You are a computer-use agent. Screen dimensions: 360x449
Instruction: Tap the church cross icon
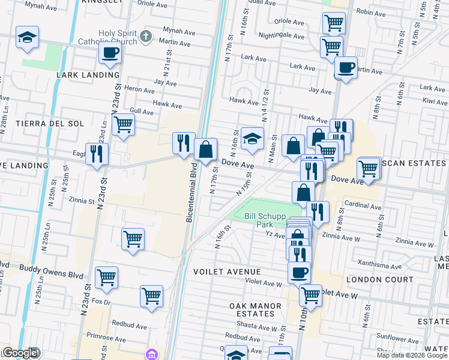pyautogui.click(x=145, y=37)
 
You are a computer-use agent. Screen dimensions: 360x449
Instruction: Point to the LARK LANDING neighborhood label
pyautogui.click(x=88, y=75)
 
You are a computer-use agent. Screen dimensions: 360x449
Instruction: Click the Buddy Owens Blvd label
pyautogui.click(x=50, y=267)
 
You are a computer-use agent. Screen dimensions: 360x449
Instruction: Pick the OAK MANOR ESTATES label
pyautogui.click(x=256, y=310)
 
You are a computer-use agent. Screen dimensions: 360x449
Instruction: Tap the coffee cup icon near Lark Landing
pyautogui.click(x=110, y=53)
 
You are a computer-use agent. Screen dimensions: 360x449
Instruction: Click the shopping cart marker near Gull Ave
pyautogui.click(x=123, y=125)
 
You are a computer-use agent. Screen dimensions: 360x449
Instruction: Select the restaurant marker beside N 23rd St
pyautogui.click(x=96, y=154)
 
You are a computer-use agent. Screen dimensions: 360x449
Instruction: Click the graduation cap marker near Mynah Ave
pyautogui.click(x=27, y=37)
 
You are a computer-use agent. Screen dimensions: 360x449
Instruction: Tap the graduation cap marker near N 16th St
pyautogui.click(x=253, y=138)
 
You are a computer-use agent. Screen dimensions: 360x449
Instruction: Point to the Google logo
pyautogui.click(x=20, y=353)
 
